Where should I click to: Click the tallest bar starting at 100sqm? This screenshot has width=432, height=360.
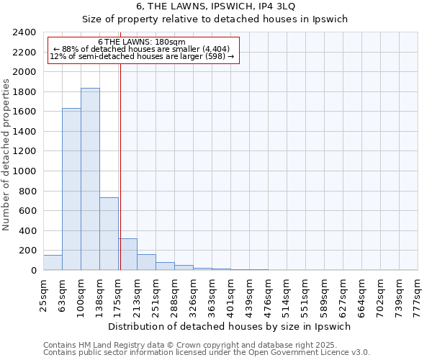click(x=90, y=179)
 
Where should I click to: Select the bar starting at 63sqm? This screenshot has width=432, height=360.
click(x=71, y=189)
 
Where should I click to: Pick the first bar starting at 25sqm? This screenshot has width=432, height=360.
click(x=53, y=263)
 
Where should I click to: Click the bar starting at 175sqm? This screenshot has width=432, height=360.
click(x=127, y=254)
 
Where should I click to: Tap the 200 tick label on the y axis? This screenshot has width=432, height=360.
click(x=30, y=251)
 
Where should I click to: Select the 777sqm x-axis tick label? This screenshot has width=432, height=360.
click(x=418, y=295)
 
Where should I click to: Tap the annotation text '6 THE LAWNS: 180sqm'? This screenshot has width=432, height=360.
click(x=141, y=42)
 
